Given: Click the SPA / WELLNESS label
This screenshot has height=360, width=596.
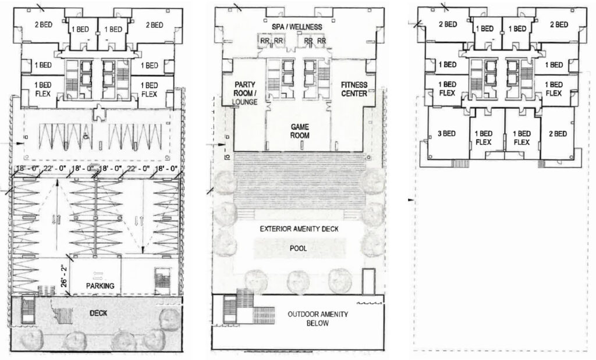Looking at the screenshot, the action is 297,27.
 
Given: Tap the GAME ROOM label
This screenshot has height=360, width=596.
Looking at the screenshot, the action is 300,131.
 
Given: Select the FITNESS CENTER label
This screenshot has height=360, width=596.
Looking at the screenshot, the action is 354,89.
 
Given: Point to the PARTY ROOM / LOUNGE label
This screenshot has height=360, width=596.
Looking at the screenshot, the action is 245,93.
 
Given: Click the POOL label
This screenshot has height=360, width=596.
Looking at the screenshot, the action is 299,248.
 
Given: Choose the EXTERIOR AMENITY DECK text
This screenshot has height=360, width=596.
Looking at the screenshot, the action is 299,229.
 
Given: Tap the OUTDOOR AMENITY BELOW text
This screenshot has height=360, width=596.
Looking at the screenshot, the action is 317,319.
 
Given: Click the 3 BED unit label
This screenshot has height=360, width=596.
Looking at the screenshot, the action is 446,133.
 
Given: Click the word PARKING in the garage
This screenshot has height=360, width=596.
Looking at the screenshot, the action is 100,286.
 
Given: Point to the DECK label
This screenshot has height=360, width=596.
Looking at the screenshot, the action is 98,313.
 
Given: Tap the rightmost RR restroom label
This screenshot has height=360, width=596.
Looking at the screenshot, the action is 321,41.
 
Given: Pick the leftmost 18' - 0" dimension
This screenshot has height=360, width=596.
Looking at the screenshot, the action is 26,168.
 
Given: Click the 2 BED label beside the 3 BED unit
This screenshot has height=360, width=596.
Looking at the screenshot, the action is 558,133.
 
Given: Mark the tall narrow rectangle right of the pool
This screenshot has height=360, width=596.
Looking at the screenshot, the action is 368,281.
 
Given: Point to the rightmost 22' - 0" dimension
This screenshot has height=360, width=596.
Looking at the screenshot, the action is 139,168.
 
